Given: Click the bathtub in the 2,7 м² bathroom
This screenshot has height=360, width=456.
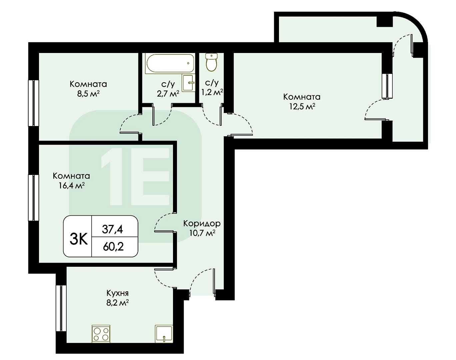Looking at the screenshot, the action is (170, 63).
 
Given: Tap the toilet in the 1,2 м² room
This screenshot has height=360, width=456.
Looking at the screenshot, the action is (211, 62).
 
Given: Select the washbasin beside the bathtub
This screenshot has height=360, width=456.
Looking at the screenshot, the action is (188, 83).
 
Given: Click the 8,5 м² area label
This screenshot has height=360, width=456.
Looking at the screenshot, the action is (88, 94).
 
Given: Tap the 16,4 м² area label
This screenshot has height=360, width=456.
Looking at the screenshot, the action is (71, 185).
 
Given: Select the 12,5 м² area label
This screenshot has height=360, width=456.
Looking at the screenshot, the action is (302, 107).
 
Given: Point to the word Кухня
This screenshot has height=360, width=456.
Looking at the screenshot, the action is (117, 293).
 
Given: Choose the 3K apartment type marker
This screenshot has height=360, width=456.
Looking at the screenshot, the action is (79, 240).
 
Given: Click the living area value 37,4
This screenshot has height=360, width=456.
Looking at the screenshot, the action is (113, 229).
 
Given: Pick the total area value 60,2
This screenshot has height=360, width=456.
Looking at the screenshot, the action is (113, 247).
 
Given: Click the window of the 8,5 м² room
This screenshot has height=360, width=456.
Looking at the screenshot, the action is (33, 103).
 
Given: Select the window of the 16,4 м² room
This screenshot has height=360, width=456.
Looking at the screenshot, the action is (33, 198).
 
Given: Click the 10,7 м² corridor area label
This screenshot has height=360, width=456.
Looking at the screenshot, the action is (202, 233).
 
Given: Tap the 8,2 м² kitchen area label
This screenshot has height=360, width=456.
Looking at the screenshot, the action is (118, 303).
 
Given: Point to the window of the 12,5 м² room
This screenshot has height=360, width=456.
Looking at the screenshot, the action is (387, 86).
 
